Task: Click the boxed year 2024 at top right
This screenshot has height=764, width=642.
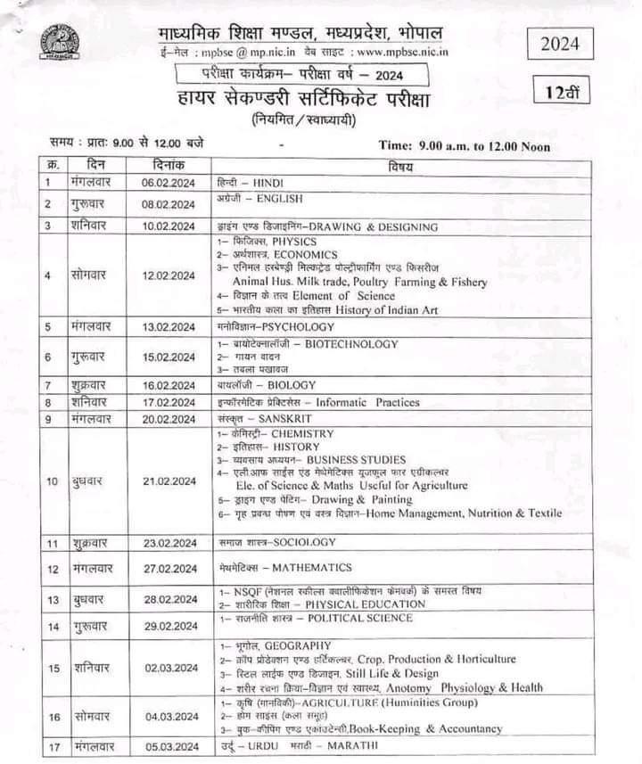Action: [x=560, y=43]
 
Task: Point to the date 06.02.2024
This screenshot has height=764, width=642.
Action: [x=169, y=183]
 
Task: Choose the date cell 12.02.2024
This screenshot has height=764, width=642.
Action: [x=169, y=275]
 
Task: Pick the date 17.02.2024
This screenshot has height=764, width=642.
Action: [x=169, y=402]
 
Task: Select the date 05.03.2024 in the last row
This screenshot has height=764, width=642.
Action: [x=169, y=745]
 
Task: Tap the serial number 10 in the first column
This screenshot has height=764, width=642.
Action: [x=53, y=481]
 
